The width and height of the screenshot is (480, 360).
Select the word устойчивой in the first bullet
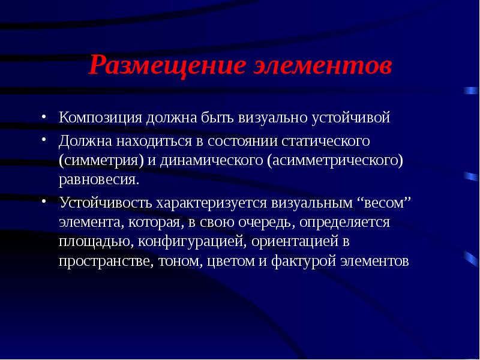359,118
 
